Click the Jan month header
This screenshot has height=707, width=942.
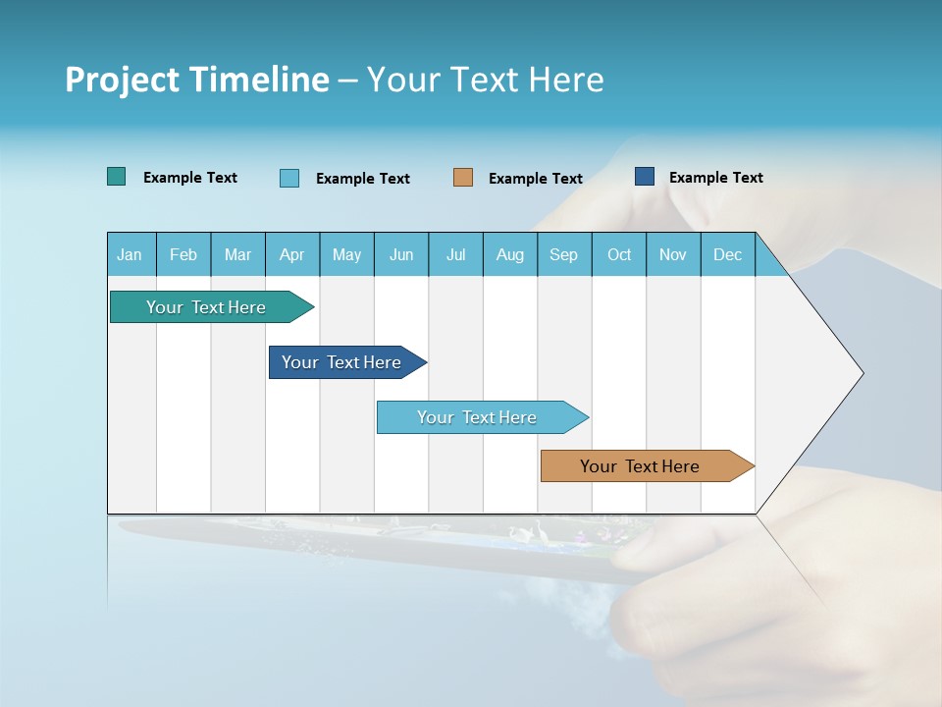pos(130,254)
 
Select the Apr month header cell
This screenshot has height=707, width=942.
pos(292,254)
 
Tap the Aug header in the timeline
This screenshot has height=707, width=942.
pos(510,254)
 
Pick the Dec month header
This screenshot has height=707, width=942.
pos(727,254)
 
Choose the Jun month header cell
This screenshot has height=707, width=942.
pos(401,254)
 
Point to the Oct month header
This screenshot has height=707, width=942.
pos(619,254)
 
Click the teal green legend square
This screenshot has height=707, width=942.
pos(117,177)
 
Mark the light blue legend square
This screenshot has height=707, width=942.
pos(289,178)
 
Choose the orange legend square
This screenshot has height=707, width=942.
pos(463,178)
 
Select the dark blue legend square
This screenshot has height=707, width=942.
pos(645,177)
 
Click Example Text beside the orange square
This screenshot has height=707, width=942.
pos(536,178)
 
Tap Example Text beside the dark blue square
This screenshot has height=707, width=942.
pos(716,177)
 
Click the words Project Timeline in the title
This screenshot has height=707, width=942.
pos(197,80)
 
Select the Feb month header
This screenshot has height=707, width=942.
pos(183,254)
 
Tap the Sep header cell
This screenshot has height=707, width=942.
pos(564,254)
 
